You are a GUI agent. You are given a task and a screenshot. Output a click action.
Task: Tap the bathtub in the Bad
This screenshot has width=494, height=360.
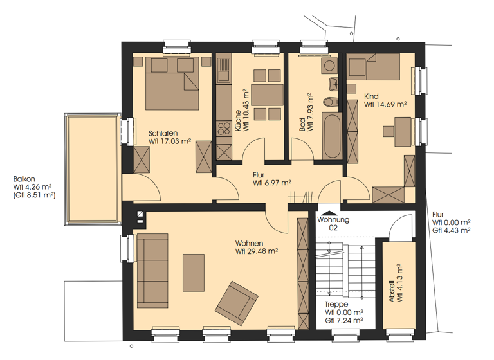click(x=332, y=136)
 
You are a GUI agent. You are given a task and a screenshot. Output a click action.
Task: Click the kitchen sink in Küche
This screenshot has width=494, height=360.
click(x=224, y=71)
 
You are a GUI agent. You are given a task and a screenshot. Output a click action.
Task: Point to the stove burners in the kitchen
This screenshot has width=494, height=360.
click(x=224, y=129)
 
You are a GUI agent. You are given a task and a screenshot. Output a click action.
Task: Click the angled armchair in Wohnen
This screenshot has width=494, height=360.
click(x=236, y=303)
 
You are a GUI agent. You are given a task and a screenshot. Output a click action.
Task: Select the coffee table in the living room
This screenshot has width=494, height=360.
click(x=194, y=273)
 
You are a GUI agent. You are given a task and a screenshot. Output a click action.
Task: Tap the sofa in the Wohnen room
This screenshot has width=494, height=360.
click(x=152, y=271)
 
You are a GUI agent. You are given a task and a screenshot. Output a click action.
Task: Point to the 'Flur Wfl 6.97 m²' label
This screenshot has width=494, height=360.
click(x=271, y=179)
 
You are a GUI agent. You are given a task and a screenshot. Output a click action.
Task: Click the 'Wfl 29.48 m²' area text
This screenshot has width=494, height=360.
click(x=257, y=251)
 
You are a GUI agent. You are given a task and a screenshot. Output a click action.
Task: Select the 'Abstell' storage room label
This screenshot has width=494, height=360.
click(x=392, y=291)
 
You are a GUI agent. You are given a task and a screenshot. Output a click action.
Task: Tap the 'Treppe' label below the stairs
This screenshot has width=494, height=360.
click(x=336, y=304)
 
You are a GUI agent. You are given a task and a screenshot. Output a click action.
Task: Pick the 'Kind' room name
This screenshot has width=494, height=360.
click(x=371, y=96)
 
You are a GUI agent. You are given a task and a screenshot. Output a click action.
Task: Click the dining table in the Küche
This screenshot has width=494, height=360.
click(x=267, y=94)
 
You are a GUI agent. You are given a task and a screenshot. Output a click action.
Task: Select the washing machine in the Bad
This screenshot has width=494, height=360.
click(x=329, y=66)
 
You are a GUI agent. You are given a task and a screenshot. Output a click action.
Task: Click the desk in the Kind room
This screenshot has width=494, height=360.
click(x=403, y=131)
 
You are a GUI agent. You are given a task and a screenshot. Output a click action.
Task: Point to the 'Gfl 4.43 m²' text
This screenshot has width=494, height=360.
click(x=452, y=230)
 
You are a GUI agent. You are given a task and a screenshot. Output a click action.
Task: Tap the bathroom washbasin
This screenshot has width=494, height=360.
click(x=333, y=84)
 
